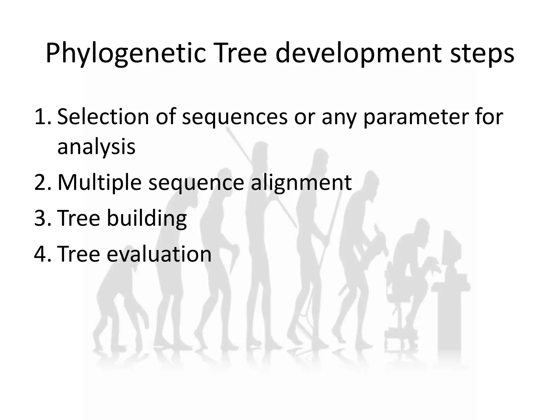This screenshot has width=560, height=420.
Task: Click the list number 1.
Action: [42, 117]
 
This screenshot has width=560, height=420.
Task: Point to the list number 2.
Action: [42, 182]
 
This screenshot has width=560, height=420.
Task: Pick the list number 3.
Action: [42, 218]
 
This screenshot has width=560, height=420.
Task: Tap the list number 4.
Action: [42, 254]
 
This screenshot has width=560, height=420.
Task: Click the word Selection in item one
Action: [103, 117]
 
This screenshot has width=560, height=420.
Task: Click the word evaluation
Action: [159, 254]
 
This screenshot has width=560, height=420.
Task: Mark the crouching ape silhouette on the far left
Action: [120, 304]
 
